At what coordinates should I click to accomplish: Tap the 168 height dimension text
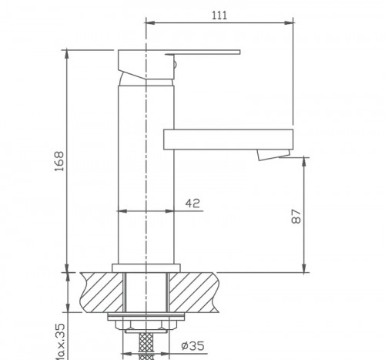tap(59, 160)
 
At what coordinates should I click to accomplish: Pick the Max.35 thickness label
tap(59, 339)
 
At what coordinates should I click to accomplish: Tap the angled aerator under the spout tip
tap(270, 156)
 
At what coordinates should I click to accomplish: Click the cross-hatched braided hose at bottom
tap(146, 344)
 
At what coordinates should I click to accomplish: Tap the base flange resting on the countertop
tap(146, 267)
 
